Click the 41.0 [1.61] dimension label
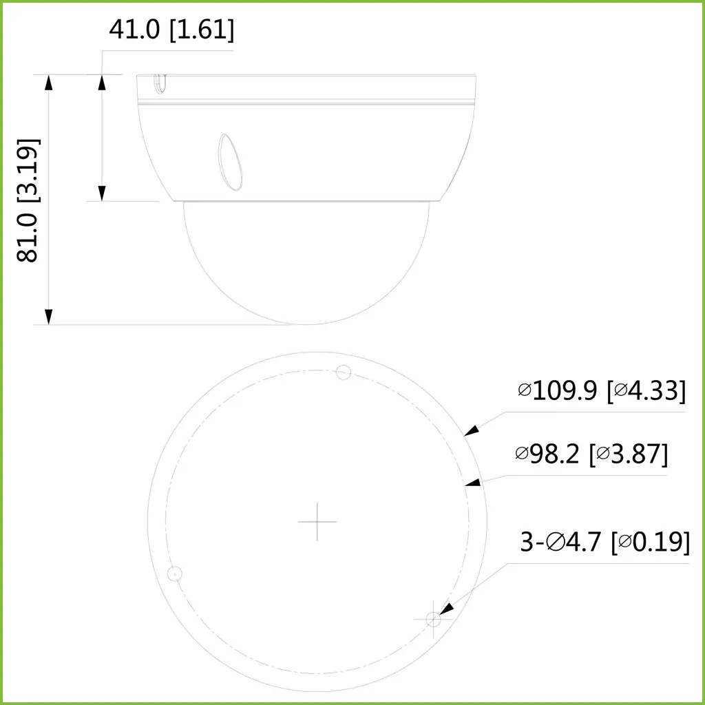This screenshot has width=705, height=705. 171,30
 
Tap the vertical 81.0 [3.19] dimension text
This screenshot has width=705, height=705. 28,200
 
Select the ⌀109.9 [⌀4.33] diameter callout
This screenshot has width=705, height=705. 602,390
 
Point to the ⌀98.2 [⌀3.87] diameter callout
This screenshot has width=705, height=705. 591,454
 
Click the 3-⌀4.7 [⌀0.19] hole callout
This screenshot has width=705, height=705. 604,542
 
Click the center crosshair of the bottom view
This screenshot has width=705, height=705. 317,521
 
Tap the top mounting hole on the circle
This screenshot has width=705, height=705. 343,372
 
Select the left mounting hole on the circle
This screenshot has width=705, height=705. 175,573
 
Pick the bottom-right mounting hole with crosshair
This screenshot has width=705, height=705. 433,619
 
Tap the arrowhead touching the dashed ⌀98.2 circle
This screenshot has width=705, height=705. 473,483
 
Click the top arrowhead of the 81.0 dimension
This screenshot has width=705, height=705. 48,82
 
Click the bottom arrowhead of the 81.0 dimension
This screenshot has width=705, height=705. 48,317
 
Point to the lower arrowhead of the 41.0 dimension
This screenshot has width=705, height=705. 102,193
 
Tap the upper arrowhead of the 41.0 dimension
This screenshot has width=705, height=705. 102,82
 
